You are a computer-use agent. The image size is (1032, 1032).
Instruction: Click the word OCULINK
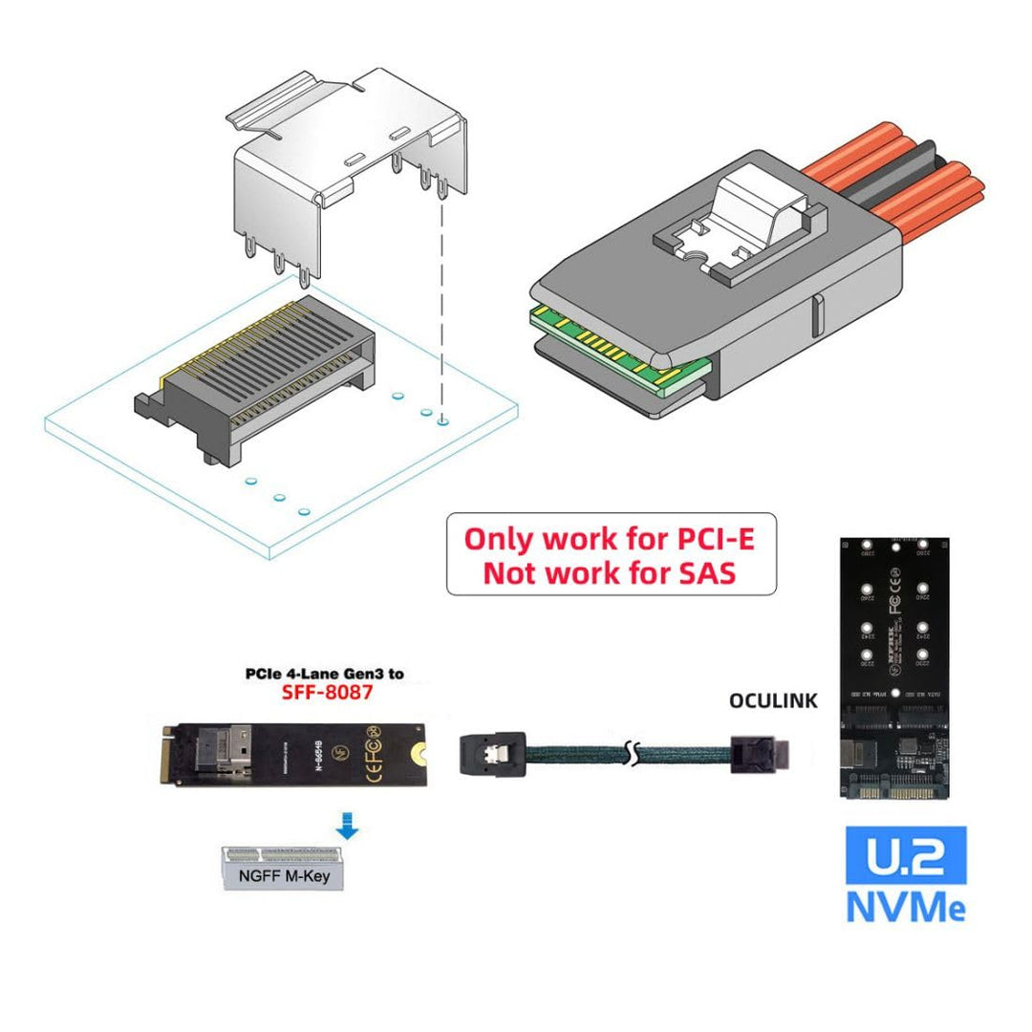point(773,700)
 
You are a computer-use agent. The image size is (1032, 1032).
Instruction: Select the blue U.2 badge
point(906,854)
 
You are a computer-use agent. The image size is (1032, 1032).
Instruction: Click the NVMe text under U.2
point(906,905)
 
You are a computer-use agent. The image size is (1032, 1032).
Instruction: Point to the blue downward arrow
point(348,825)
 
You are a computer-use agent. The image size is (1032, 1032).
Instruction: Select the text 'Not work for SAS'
point(610,573)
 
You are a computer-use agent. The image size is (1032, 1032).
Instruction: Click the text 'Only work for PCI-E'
point(610,539)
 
